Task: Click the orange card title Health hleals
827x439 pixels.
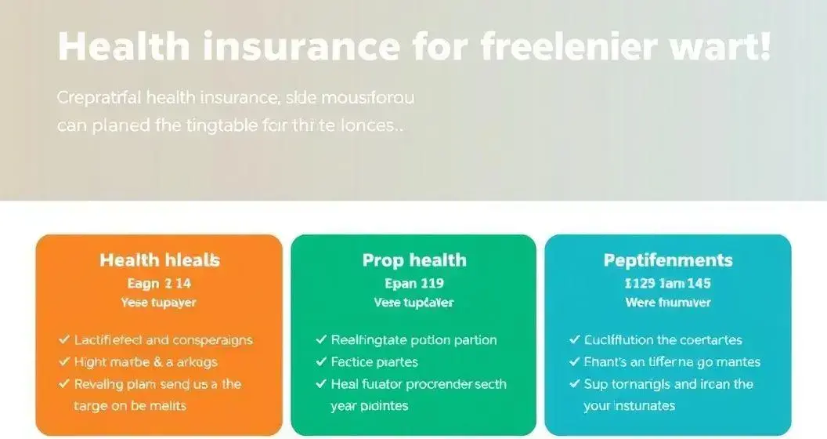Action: click(159, 260)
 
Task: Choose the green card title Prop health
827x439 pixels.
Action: click(413, 260)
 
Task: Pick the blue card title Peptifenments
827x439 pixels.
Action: click(668, 260)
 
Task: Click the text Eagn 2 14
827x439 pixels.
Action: click(159, 283)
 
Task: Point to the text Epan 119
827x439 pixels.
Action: click(413, 283)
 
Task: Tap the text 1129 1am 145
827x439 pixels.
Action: click(668, 283)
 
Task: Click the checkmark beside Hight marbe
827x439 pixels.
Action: click(64, 362)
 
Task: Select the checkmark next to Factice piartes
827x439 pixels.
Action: click(321, 362)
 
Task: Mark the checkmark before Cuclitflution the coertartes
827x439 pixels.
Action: click(574, 340)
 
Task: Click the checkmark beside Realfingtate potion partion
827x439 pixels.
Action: click(321, 340)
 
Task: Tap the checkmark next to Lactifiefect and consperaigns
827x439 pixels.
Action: click(64, 340)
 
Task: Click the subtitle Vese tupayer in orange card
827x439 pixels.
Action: click(159, 303)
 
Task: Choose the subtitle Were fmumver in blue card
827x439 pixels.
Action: click(668, 303)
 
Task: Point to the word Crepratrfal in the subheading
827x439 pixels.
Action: click(99, 98)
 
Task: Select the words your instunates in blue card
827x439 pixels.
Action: click(629, 406)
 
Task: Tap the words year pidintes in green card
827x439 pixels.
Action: click(370, 406)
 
